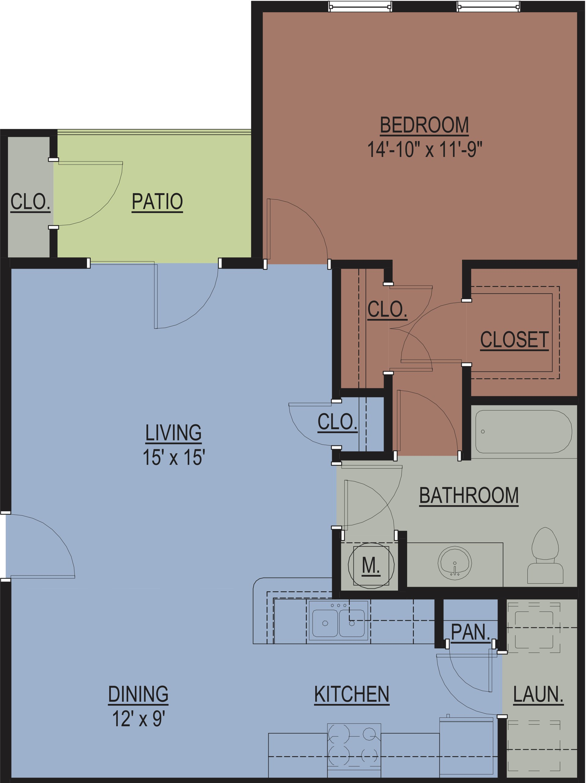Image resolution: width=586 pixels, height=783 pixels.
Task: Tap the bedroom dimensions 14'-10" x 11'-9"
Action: (x=425, y=149)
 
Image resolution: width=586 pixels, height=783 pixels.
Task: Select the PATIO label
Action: (x=157, y=201)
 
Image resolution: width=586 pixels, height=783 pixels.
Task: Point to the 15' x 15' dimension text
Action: (x=174, y=457)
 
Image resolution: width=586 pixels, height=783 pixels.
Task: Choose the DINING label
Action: (x=138, y=694)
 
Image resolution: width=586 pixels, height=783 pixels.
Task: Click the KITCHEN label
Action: (x=352, y=694)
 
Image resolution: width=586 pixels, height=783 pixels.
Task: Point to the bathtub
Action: (x=524, y=432)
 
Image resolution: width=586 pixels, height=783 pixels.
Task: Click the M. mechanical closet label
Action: (x=371, y=565)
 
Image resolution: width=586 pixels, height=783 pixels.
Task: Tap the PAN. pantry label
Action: (x=471, y=632)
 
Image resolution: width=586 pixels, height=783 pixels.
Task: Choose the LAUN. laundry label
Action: (x=538, y=694)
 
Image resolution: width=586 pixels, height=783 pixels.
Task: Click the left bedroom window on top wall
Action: (x=360, y=6)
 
